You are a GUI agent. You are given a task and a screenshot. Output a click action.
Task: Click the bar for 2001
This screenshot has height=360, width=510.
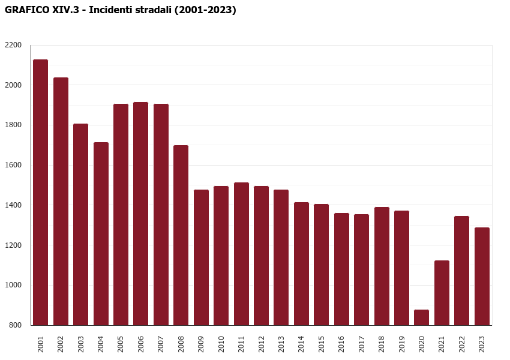tap(41, 192)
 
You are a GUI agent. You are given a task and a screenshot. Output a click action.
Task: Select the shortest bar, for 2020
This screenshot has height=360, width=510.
tap(422, 317)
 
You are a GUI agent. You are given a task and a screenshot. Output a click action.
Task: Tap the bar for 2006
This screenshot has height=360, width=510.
tap(141, 214)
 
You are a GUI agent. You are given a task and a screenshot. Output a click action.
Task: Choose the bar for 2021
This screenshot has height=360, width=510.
tap(442, 293)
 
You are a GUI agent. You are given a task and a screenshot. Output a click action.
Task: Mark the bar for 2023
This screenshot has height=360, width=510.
tap(482, 276)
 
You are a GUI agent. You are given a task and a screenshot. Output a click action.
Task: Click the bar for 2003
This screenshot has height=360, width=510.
tap(81, 224)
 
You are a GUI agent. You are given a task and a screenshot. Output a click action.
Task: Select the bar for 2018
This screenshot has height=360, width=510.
tap(382, 266)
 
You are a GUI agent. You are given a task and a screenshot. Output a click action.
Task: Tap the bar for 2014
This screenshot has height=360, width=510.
tap(301, 263)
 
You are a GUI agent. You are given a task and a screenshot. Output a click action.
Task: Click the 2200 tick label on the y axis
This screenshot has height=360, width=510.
tap(13, 45)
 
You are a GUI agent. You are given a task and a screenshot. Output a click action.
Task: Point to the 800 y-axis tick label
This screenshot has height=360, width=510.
tap(15, 325)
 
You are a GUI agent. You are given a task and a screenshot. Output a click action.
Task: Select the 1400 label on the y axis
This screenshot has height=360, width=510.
tap(13, 205)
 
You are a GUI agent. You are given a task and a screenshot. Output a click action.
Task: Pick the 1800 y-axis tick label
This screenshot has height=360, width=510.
tap(13, 125)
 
